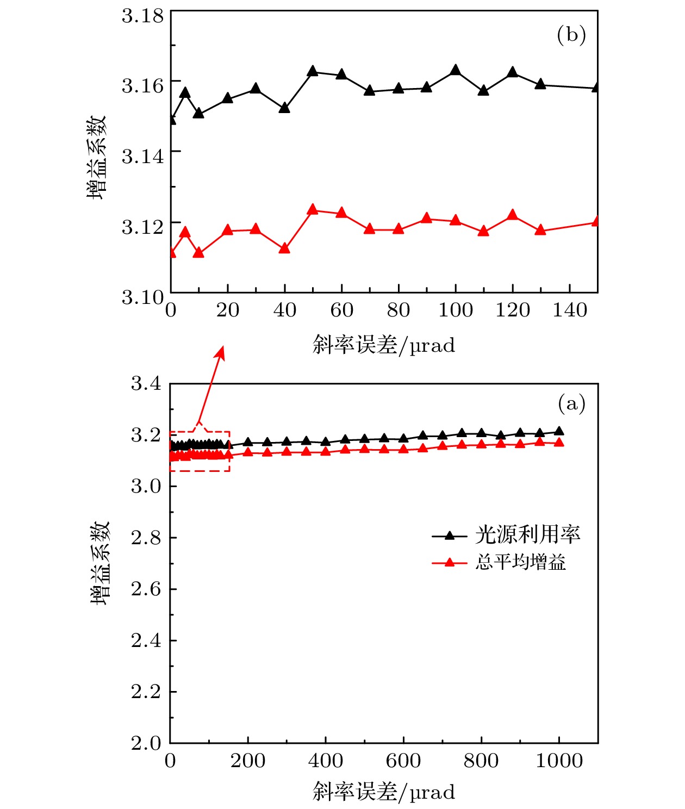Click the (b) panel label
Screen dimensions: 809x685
571,35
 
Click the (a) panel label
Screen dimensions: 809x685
571,404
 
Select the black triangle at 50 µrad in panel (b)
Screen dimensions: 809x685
313,71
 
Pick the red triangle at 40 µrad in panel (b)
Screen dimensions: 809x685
284,248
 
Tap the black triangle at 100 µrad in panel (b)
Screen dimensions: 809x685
456,70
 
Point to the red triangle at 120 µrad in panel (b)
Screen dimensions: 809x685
512,215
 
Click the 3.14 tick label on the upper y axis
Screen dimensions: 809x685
142,156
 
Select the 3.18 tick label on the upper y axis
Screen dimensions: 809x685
142,16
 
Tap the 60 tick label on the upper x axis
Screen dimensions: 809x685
341,310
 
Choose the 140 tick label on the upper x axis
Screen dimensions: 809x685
570,310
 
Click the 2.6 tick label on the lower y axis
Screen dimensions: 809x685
146,589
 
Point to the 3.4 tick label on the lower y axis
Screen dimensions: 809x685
146,383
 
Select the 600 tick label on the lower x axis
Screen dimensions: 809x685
403,761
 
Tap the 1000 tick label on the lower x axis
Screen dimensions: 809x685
559,761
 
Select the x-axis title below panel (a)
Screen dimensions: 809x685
384,792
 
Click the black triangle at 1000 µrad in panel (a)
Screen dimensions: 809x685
559,432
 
